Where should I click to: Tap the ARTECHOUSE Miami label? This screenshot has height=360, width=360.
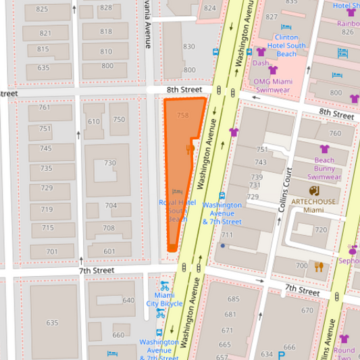[x=313, y=205]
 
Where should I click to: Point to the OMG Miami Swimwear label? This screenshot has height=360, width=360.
[x=272, y=85]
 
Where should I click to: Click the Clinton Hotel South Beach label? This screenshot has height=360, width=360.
[x=286, y=46]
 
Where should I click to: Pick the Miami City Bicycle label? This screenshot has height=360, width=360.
[x=164, y=299]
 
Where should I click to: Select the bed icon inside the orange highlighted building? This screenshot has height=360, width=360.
[x=177, y=192]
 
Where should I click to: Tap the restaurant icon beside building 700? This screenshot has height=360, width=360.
[x=319, y=266]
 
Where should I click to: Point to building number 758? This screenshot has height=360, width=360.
[x=182, y=115]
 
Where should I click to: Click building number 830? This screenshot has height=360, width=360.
[x=189, y=47]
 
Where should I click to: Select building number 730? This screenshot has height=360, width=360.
[x=109, y=163]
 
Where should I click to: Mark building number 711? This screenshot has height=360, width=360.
[x=226, y=235]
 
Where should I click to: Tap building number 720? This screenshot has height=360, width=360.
[x=320, y=230]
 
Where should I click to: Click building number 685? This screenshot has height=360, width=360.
[x=233, y=299]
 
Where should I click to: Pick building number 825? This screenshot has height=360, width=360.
[x=43, y=9]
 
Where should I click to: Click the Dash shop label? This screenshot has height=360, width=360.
[x=261, y=63]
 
